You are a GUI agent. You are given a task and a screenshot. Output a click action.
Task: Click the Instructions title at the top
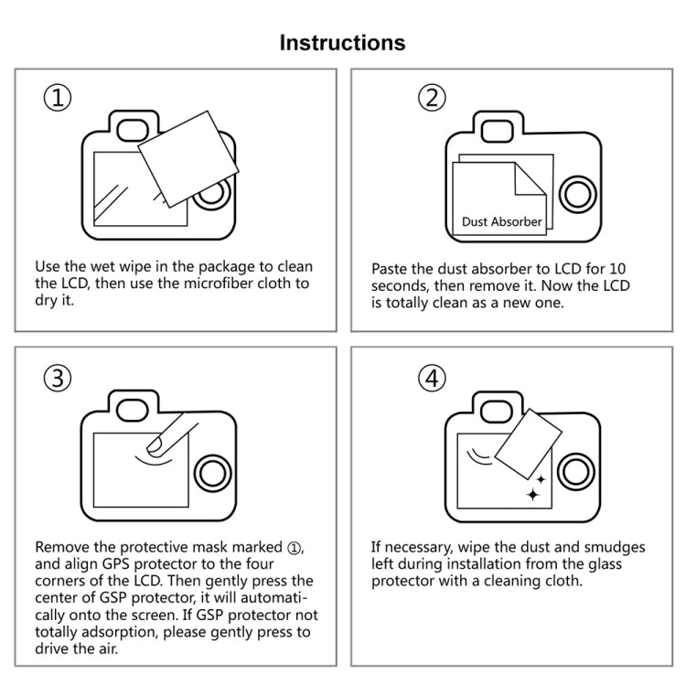pos(342,42)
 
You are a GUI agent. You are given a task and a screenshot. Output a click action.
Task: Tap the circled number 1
pos(58,97)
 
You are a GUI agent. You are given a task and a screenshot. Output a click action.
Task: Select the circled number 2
pos(432,97)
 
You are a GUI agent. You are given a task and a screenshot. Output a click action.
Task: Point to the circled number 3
pos(58,376)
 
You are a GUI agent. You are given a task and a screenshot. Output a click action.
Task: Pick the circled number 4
pos(432,376)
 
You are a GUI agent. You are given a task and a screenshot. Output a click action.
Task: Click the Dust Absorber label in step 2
pos(501,221)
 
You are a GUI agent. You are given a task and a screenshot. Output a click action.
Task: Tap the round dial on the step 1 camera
pos(211,193)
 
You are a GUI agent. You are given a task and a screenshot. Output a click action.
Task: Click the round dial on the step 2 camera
pos(577,193)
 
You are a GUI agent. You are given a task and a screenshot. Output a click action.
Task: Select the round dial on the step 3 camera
pos(211,472)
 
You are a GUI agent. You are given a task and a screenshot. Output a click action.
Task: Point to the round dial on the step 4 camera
pos(577,472)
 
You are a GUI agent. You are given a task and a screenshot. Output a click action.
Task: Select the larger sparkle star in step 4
pos(531,495)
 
